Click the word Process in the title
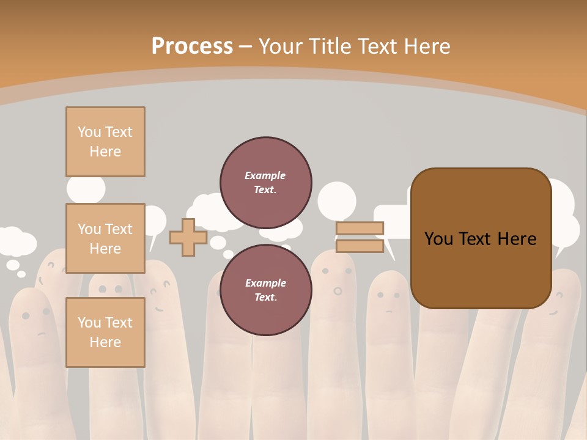click(x=192, y=46)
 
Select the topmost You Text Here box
click(x=105, y=142)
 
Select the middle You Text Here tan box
click(x=105, y=238)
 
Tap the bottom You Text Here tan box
click(x=105, y=332)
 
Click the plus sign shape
click(x=188, y=237)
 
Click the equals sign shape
click(x=360, y=237)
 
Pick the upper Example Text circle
click(x=265, y=183)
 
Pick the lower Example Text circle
click(x=265, y=290)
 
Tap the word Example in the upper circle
click(x=265, y=175)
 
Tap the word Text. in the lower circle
click(x=265, y=297)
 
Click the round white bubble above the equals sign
click(x=337, y=200)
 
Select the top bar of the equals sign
click(x=360, y=229)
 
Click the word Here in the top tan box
click(x=105, y=152)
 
